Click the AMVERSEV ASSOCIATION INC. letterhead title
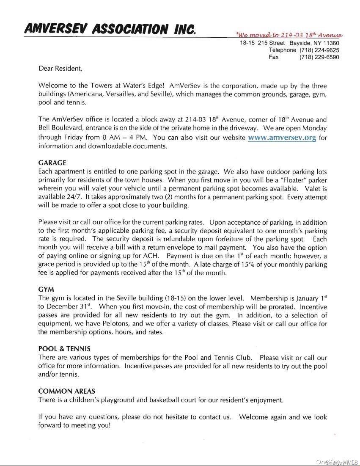[x=110, y=29]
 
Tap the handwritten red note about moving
[x=289, y=35]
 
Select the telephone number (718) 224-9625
[x=319, y=50]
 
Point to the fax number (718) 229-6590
[x=319, y=57]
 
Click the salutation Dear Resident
[x=60, y=68]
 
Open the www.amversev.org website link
[x=282, y=138]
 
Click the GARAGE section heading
[x=52, y=163]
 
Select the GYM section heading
[x=46, y=290]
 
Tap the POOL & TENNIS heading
[x=64, y=349]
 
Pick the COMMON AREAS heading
[x=66, y=391]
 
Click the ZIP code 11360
[x=331, y=43]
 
